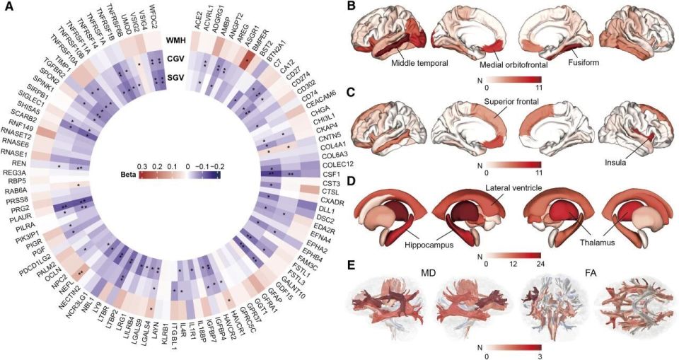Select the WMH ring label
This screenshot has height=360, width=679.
175,41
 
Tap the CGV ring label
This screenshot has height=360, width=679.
175,60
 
